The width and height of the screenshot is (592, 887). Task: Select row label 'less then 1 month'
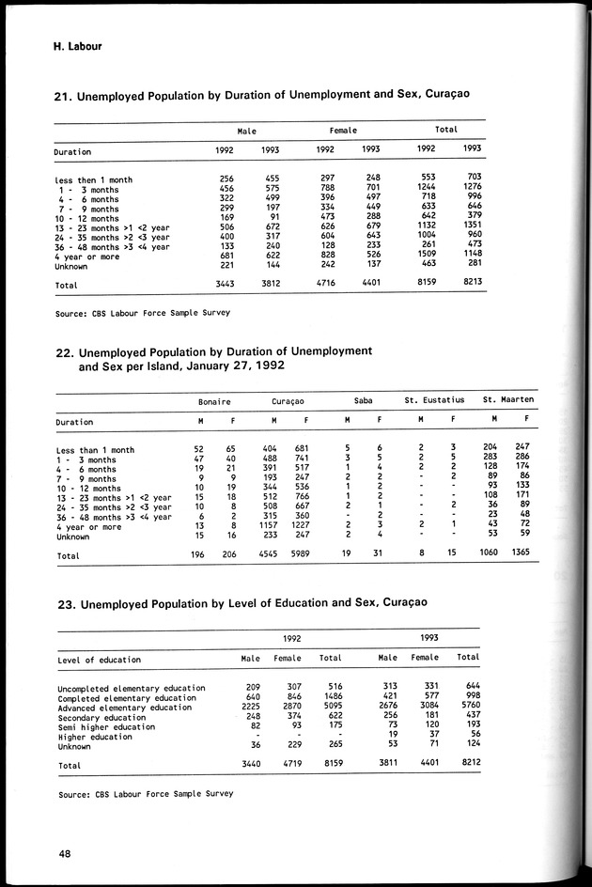(93, 179)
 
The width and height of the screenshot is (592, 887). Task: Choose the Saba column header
(362, 401)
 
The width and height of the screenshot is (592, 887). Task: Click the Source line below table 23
(144, 794)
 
